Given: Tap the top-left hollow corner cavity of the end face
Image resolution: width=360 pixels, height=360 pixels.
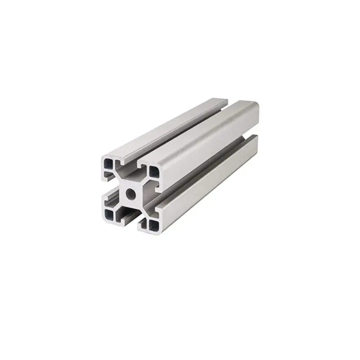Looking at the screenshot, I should coord(108,164).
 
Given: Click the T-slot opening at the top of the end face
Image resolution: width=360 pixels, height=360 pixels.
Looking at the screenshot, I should coord(131,167).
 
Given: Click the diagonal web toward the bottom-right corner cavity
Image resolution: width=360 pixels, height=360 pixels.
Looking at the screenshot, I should coord(143,208).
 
